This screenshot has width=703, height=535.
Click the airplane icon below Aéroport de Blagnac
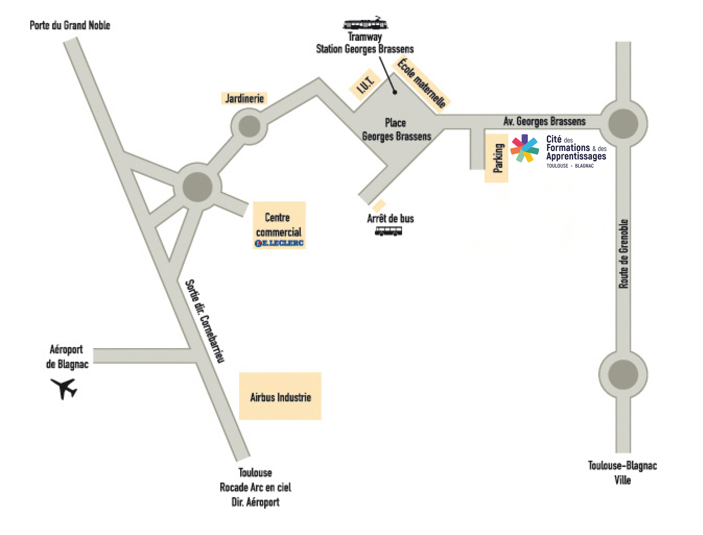pos(64,388)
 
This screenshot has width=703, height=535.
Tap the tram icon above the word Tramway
pos(365,24)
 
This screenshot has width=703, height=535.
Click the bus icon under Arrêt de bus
pos(388,231)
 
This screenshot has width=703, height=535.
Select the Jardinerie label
pos(244,98)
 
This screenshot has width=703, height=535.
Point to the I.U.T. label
pos(365,85)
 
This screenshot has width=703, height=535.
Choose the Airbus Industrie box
pos(280,397)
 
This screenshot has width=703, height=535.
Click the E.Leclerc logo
pos(279,243)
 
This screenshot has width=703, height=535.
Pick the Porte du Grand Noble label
pos(70,25)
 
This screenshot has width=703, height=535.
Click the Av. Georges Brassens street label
pos(544,121)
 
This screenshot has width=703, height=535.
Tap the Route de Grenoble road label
pos(623,254)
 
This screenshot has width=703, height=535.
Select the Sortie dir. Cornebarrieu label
pos(205,321)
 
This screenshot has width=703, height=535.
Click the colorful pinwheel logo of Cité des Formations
pos(524,148)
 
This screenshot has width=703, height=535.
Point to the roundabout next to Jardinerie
pos(249,126)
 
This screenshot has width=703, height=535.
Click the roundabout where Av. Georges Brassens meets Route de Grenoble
pos(623,123)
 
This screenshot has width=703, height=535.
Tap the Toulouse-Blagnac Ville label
pos(622,473)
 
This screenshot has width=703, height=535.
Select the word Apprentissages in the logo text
pos(576,156)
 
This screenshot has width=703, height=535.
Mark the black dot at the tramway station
pos(395,92)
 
